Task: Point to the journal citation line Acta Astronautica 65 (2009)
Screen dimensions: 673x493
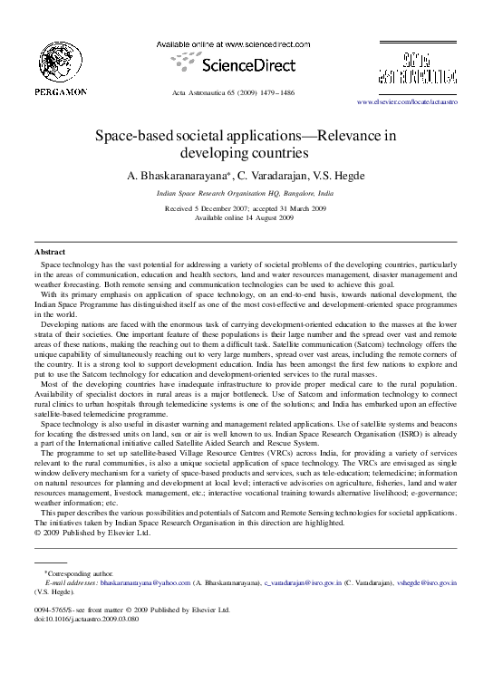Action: click(x=246, y=93)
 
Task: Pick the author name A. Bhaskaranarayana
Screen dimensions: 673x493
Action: click(x=179, y=176)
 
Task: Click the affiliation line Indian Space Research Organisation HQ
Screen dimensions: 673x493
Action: click(x=246, y=194)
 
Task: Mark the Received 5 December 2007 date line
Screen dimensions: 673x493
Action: click(x=246, y=208)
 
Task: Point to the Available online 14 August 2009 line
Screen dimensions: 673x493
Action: click(x=246, y=217)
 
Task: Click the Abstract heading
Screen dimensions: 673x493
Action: click(x=49, y=250)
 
